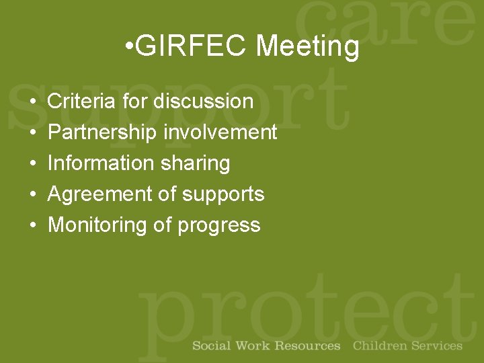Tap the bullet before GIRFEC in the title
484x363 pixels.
pyautogui.click(x=129, y=47)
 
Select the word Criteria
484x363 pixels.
pyautogui.click(x=83, y=102)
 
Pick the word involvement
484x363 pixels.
pyautogui.click(x=220, y=132)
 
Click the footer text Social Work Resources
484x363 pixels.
pyautogui.click(x=266, y=346)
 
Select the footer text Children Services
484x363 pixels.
pyautogui.click(x=407, y=346)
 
